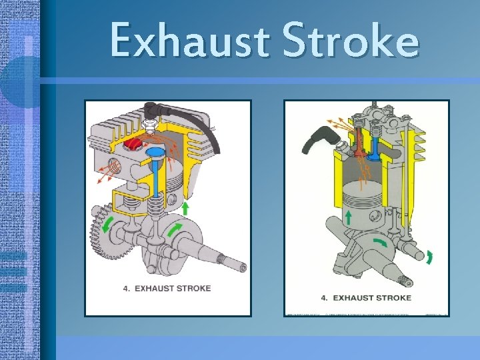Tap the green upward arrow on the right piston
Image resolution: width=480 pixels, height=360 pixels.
click(x=349, y=217)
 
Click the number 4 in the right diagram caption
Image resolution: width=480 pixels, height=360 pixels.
click(x=324, y=297)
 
